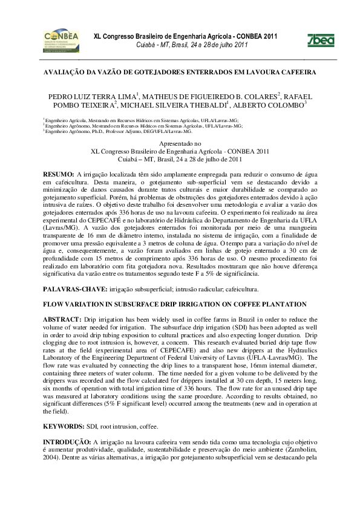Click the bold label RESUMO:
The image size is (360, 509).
pyautogui.click(x=59, y=173)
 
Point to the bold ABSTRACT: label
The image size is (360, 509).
pyautogui.click(x=63, y=318)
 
